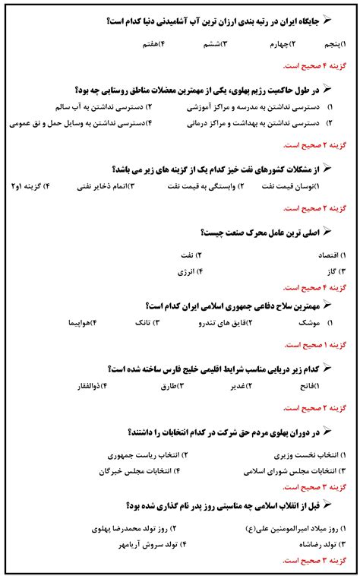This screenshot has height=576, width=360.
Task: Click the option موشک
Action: pyautogui.click(x=312, y=323)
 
